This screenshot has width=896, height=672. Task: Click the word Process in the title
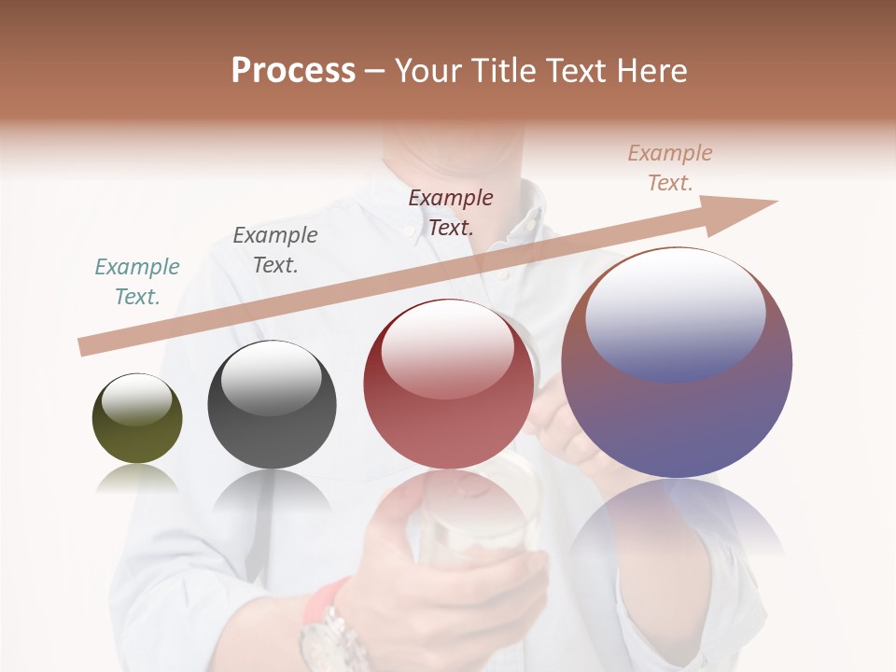pos(293,71)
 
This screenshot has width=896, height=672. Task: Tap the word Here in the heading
pos(651,71)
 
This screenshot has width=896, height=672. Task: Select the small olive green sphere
pos(137,419)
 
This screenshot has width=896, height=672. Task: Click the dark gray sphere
pos(272,405)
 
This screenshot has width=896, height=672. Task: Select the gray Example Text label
pos(275,250)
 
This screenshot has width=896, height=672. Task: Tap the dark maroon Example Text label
pos(451,212)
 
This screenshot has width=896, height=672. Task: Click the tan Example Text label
pos(670,168)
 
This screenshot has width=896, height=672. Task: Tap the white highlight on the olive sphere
pos(136,400)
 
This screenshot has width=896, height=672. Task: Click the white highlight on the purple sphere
pos(675,313)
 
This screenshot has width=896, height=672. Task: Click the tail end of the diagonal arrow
pos(86,346)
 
